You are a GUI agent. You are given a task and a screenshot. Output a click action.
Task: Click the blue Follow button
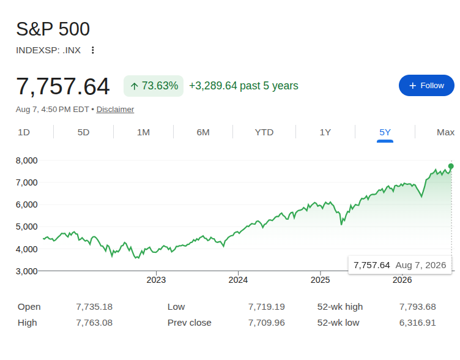[426, 86]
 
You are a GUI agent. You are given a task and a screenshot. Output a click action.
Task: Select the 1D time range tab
[24, 132]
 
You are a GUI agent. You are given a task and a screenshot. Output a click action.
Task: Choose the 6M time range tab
[203, 132]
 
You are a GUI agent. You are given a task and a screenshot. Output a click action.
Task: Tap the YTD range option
[264, 132]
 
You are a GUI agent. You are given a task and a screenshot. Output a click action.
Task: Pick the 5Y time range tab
[385, 132]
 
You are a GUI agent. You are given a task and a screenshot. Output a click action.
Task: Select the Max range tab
[445, 132]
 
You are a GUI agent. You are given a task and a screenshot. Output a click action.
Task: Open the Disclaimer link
[115, 110]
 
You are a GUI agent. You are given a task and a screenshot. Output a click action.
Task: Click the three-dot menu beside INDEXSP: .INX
[93, 50]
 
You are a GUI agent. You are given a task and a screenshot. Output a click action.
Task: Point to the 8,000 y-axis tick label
[27, 160]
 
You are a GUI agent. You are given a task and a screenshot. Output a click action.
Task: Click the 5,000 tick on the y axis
[27, 227]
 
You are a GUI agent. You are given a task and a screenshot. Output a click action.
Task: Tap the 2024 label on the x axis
[238, 280]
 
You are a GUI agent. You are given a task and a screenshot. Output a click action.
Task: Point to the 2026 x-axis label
[402, 280]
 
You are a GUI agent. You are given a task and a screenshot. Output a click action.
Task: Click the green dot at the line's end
[451, 166]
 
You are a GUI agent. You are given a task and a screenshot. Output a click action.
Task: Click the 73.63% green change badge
[154, 86]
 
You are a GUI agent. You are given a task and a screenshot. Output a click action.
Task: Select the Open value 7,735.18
[94, 307]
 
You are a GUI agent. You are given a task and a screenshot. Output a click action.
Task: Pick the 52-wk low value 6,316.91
[417, 323]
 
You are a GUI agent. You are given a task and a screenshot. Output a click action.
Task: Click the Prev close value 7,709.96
[266, 323]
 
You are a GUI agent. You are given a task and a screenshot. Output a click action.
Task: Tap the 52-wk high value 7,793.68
[417, 307]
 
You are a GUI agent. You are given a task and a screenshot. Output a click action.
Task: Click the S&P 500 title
[53, 29]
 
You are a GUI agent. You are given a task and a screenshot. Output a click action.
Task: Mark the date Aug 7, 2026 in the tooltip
[421, 265]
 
